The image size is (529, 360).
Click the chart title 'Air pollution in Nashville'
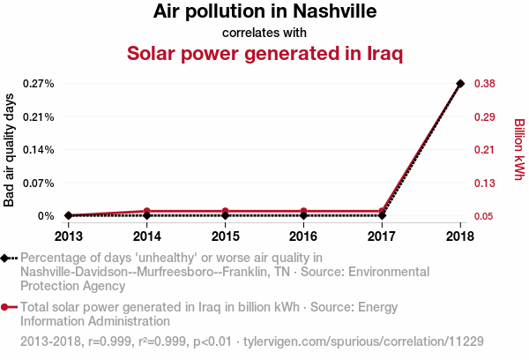pos(264,11)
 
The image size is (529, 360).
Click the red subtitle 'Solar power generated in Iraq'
pos(264,54)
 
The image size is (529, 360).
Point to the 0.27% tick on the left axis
pos(38,84)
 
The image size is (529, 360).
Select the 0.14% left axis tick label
pos(38,150)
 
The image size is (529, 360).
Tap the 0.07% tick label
pos(38,183)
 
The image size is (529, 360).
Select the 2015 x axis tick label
pos(225,236)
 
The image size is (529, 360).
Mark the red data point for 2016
pos(303,211)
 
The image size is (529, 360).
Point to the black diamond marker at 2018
pos(459,84)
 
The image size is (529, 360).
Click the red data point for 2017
pos(382,211)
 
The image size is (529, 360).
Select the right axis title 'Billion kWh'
pos(518,150)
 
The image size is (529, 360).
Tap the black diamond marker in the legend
pos(6,258)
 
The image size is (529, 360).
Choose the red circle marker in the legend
pos(6,307)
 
